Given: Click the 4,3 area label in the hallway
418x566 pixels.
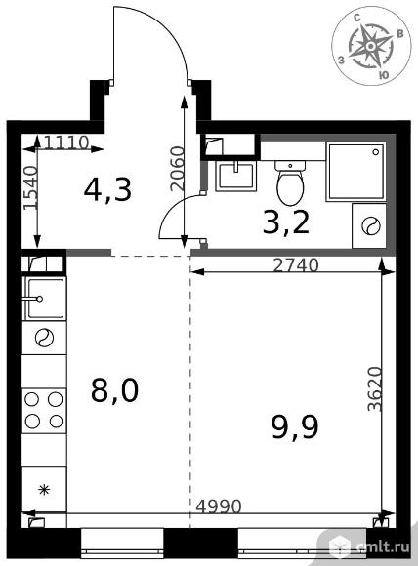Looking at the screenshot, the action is pyautogui.click(x=107, y=190).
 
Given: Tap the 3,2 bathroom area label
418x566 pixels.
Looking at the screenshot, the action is pyautogui.click(x=286, y=222).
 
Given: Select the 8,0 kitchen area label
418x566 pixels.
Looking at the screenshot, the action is pyautogui.click(x=114, y=391).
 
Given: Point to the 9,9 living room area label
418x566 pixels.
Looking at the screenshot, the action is pyautogui.click(x=295, y=426).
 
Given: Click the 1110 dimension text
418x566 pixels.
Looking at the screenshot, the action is pyautogui.click(x=66, y=142).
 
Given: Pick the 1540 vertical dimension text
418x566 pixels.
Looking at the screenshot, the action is pyautogui.click(x=30, y=187).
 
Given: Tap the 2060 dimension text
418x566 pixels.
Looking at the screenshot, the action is pyautogui.click(x=178, y=169).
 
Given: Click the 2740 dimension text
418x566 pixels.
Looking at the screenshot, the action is pyautogui.click(x=296, y=265).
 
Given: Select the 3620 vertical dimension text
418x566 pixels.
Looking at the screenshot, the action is pyautogui.click(x=375, y=389).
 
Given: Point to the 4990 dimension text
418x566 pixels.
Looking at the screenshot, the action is pyautogui.click(x=218, y=506).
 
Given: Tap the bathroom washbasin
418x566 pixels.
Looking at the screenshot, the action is pyautogui.click(x=236, y=176).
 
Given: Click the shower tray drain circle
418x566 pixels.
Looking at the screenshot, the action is pyautogui.click(x=376, y=152).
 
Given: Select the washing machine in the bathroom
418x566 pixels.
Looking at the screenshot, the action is pyautogui.click(x=369, y=226).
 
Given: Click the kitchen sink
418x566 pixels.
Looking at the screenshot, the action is pyautogui.click(x=44, y=299).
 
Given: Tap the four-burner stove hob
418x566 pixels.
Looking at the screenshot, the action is pyautogui.click(x=44, y=411).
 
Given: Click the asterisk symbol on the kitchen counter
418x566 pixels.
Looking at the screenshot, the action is pyautogui.click(x=44, y=490).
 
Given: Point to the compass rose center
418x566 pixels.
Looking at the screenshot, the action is pyautogui.click(x=370, y=46).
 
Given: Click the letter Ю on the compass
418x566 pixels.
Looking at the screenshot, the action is pyautogui.click(x=384, y=75).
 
